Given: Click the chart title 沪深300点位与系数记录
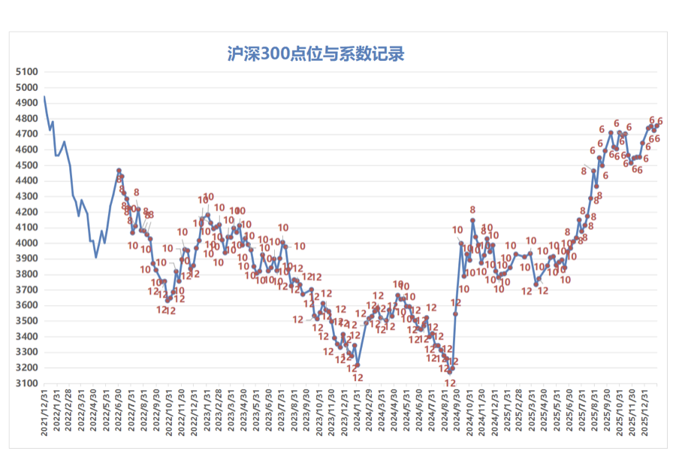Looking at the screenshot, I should coord(315,55).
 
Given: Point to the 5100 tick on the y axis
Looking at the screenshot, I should coord(26,72).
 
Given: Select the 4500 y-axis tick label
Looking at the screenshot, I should coord(26,165).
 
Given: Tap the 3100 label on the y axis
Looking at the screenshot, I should coord(26,383).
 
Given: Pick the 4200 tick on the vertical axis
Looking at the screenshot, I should coord(26,212).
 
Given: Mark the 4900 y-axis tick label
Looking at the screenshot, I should coord(26,103).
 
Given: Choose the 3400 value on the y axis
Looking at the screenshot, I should coord(26,337).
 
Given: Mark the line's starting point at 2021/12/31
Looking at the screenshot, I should coord(44,97).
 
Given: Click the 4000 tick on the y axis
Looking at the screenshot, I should coord(26,244).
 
